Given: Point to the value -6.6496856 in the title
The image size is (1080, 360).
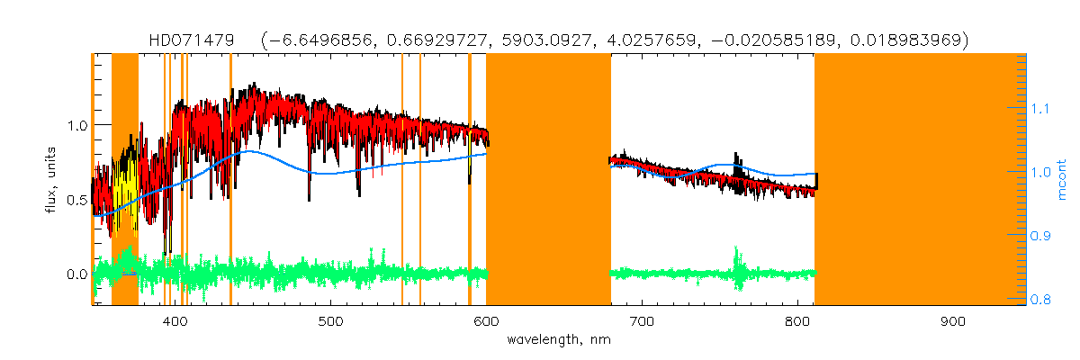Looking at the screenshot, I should [x=321, y=40].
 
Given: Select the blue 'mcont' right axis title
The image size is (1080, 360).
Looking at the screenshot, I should [x=1062, y=180].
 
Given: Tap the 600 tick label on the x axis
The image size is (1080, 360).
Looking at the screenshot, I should [x=486, y=321].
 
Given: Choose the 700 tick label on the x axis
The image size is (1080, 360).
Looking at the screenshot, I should [x=642, y=321].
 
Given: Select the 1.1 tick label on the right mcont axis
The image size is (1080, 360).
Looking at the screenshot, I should [x=1044, y=107].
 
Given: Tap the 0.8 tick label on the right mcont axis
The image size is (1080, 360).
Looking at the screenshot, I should [x=1044, y=300].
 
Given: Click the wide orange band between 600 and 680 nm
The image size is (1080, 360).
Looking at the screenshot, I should [x=548, y=180].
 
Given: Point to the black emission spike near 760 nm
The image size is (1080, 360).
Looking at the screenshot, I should [x=737, y=162].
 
